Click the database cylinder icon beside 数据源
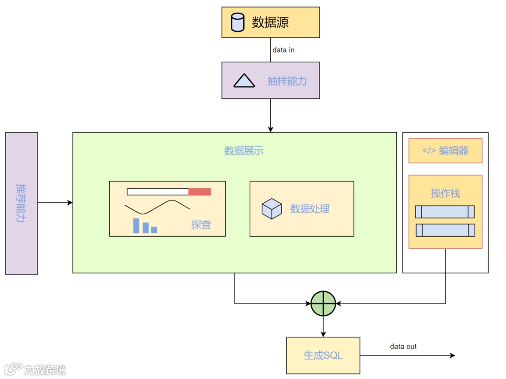coord(238,22)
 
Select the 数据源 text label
coord(270,22)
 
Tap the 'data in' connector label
coord(283,50)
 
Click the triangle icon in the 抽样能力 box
coord(244,81)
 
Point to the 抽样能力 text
coord(287,81)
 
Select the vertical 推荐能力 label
coord(21,203)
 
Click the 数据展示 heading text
coord(244,151)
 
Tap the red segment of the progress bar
coord(200,192)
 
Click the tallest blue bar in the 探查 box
coord(136,225)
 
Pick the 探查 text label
coord(201,225)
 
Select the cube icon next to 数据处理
coord(272,208)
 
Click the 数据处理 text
coord(310,209)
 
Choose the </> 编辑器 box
coord(445,151)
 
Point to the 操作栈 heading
coord(445,193)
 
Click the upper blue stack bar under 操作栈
coord(445,212)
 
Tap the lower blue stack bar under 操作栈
coord(445,230)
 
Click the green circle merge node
coord(323,303)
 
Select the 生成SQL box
coord(323,355)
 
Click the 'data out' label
coord(403,347)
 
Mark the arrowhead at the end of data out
coord(452,356)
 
